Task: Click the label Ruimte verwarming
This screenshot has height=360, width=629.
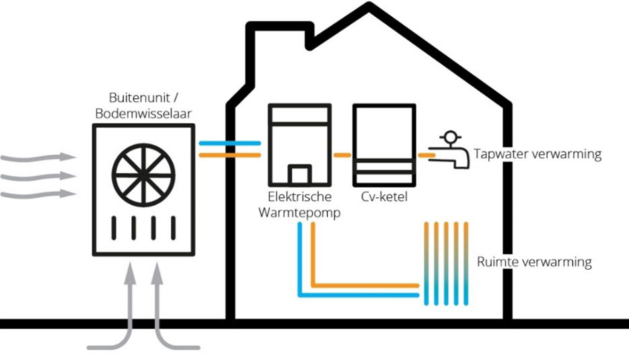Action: [x=534, y=262]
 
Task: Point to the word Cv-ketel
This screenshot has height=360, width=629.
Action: [x=384, y=199]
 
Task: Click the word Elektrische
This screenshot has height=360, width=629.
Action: [x=299, y=199]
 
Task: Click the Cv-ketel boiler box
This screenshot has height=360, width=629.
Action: [x=384, y=145]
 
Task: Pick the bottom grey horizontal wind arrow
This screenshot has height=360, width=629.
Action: [x=37, y=194]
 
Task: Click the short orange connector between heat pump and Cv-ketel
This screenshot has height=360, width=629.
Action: [x=343, y=155]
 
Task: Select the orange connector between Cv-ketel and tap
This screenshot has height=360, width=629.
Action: [x=425, y=155]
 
